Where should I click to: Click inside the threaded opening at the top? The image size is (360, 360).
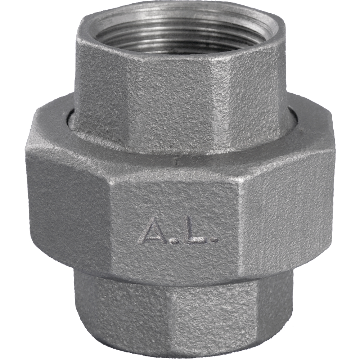tap(181, 32)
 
